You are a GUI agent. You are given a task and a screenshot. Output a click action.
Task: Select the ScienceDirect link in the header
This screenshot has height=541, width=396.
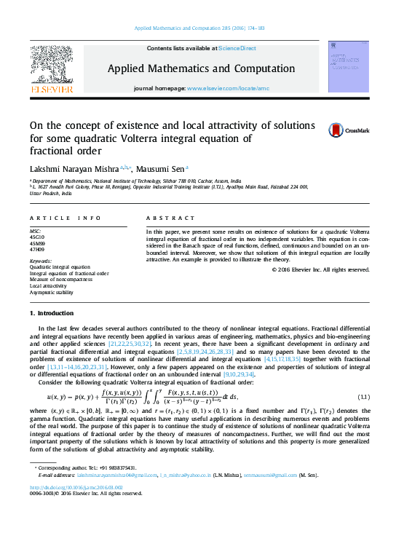tap(237, 48)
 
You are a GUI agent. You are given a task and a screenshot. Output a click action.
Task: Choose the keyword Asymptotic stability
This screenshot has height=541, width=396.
tap(52, 292)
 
